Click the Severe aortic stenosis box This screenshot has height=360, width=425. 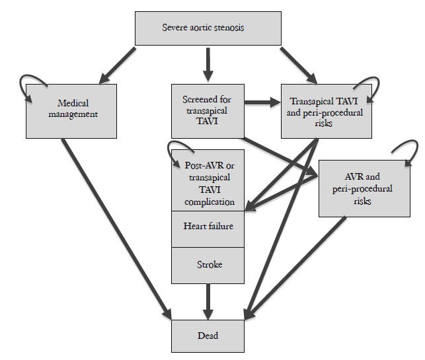coord(204,28)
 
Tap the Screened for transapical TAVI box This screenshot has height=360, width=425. coord(207,109)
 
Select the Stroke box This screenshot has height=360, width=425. coord(208,265)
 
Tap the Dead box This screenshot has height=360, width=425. coord(208,336)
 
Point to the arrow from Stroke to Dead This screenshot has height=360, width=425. coord(208,301)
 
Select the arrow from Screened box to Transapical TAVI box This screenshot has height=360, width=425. coord(262,102)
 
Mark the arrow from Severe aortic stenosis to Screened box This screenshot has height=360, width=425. coord(207,63)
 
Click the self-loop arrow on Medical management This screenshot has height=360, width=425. coord(35,83)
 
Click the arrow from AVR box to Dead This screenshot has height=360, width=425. coord(298,265)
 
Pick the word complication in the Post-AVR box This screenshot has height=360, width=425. coord(208,201)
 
